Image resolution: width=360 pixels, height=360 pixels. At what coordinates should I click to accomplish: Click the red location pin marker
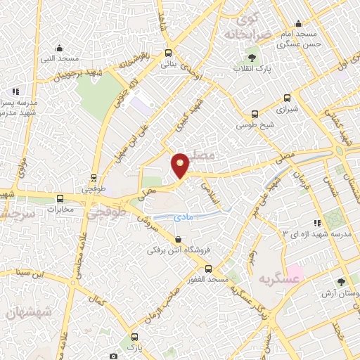(x=180, y=165)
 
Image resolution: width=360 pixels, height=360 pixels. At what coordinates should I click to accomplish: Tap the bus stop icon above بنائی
(x=167, y=53)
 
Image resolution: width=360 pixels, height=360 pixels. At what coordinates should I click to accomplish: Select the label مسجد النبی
(x=59, y=60)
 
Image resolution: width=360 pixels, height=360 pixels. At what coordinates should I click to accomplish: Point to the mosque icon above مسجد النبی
(x=59, y=49)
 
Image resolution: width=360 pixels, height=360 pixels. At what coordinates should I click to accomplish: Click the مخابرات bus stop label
(x=60, y=209)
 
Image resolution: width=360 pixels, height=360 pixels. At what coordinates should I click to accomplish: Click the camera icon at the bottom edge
(x=113, y=356)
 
